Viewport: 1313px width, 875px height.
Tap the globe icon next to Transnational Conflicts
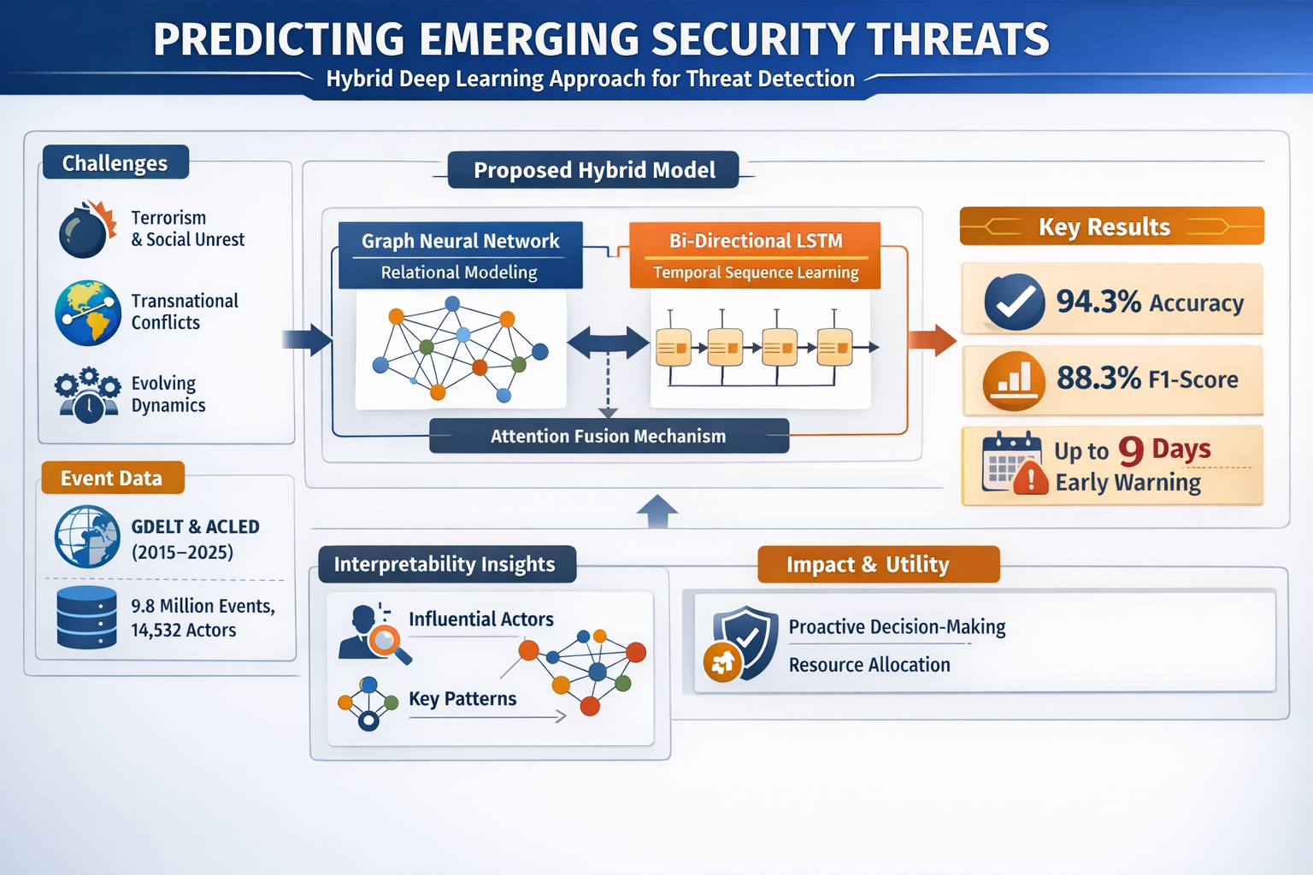[88, 313]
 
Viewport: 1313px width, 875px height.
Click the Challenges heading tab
[115, 162]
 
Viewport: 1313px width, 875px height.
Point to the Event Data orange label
[113, 478]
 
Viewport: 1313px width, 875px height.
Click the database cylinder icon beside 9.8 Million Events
[86, 617]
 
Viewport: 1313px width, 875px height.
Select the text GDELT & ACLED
[195, 526]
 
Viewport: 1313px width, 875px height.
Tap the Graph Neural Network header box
[460, 255]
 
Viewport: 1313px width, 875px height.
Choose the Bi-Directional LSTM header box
[755, 255]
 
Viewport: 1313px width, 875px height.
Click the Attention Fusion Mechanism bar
[609, 436]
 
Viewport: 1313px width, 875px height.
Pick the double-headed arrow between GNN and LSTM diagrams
[609, 343]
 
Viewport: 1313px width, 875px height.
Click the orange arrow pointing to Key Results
[932, 340]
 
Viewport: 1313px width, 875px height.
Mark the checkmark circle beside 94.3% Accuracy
[1014, 302]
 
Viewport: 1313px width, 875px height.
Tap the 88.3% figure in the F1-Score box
[1098, 378]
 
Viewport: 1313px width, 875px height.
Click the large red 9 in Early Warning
[1131, 451]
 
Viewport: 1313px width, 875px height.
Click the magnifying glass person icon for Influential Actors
[374, 633]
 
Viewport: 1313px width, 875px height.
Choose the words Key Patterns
[462, 699]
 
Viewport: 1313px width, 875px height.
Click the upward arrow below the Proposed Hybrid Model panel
[657, 511]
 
